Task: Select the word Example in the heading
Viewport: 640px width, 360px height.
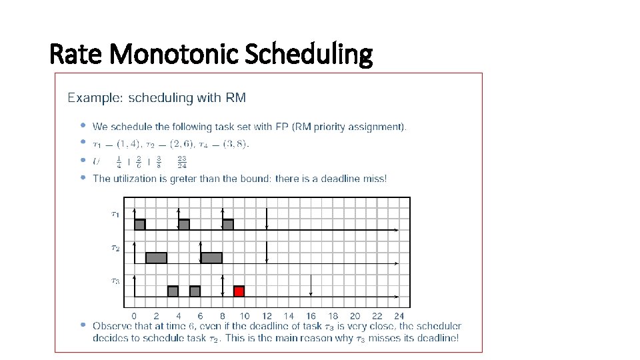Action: (93, 98)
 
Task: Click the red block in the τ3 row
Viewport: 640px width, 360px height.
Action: (239, 291)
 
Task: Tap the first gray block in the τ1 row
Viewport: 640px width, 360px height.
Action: (139, 225)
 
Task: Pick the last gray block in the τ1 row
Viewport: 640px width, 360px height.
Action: (228, 225)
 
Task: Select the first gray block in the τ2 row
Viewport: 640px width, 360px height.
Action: (156, 258)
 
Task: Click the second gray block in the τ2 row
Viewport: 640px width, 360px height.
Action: (211, 258)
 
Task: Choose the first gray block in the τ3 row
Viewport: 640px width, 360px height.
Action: (173, 291)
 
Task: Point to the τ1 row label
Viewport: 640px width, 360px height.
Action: (115, 215)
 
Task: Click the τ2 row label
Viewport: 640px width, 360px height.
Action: (115, 248)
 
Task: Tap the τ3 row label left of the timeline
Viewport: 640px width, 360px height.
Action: (115, 281)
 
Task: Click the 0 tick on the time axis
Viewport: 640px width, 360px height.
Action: (134, 316)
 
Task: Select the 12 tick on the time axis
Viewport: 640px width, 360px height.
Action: (267, 316)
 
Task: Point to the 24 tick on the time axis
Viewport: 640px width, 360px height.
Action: (399, 316)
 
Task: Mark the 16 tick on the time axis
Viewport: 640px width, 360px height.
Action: (311, 316)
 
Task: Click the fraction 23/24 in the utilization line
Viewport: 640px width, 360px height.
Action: (182, 161)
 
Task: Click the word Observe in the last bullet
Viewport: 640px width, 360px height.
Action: (112, 327)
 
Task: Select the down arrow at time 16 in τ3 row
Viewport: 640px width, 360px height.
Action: (311, 287)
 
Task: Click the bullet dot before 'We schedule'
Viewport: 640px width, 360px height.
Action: (83, 125)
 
